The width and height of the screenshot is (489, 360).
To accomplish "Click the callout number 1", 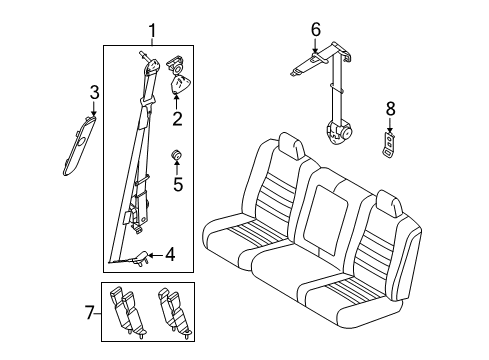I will click(152, 30).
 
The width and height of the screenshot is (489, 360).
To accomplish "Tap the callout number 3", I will click(94, 93).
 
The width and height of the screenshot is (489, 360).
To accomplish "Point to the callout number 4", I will click(169, 254).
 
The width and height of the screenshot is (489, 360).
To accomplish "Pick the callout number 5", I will click(178, 183).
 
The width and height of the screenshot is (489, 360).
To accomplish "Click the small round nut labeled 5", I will click(177, 154).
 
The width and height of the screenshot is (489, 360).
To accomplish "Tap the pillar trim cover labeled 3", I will click(78, 146).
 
